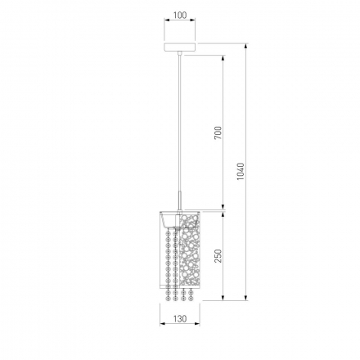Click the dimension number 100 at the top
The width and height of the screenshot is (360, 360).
[180, 16]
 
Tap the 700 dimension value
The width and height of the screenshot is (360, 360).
[218, 133]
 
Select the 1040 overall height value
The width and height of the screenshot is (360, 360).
[241, 172]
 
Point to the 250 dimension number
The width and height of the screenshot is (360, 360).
[218, 256]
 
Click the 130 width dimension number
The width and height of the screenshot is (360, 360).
[180, 318]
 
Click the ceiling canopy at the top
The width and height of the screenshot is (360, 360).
[180, 47]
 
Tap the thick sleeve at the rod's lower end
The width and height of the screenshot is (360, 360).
[179, 200]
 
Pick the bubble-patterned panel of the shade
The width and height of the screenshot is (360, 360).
[190, 250]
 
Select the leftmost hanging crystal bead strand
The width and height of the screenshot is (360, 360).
[168, 265]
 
